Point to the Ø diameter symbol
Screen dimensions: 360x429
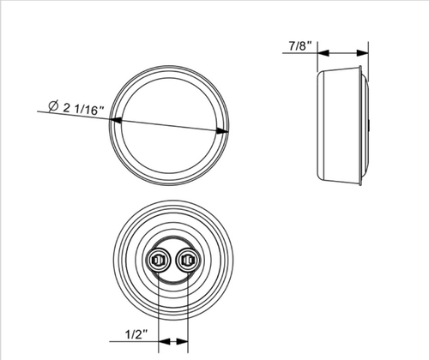click(53, 106)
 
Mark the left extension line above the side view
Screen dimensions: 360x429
click(317, 60)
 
